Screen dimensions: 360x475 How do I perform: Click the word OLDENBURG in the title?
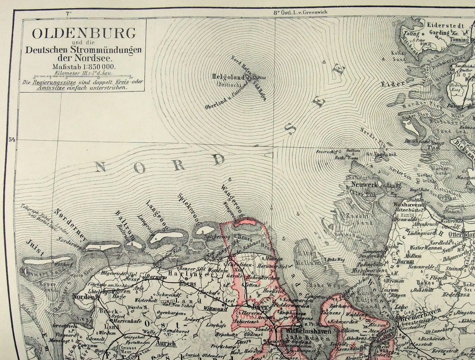click(x=84, y=33)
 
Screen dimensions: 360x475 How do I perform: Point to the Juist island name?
click(x=34, y=248)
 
